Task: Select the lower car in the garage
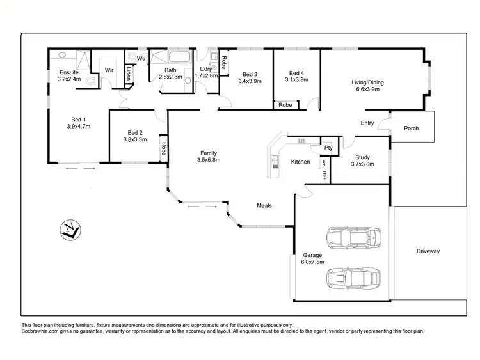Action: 353,277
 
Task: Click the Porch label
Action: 412,129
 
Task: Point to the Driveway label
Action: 428,251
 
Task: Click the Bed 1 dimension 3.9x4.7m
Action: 78,127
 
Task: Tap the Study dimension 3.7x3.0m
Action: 362,164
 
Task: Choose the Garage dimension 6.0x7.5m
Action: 312,262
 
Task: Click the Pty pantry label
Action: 328,148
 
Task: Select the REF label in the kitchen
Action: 324,174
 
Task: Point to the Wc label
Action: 140,58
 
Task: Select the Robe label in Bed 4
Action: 285,105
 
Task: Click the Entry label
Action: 367,123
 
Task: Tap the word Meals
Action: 264,205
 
